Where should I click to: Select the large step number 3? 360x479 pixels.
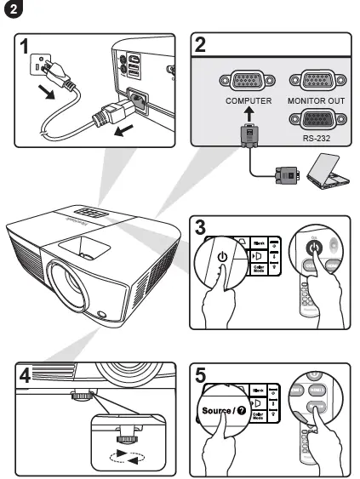point(201,228)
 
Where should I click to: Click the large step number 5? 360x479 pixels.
point(201,374)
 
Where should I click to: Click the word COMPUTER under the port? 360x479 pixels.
point(249,100)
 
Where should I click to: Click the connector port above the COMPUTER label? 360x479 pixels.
point(248,81)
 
